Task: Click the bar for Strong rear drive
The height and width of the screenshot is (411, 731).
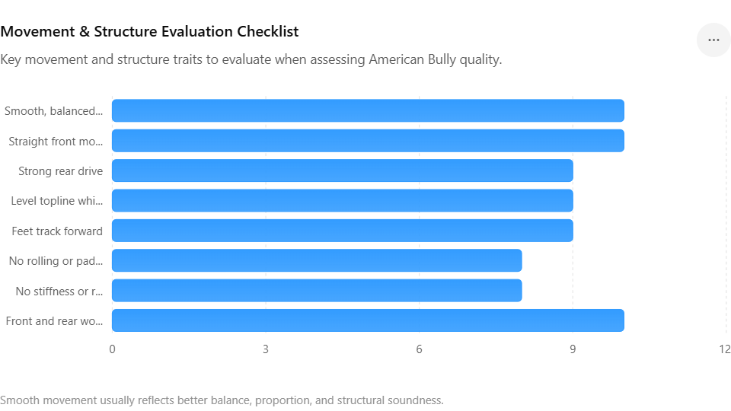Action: tap(342, 170)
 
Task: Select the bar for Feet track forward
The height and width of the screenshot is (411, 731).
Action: tap(342, 231)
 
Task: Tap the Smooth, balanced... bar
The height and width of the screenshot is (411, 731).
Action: tap(368, 110)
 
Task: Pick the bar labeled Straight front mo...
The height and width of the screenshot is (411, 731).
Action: tap(368, 141)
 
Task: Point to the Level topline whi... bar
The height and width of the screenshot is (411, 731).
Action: tap(342, 200)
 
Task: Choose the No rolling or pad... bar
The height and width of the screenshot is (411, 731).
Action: tap(317, 260)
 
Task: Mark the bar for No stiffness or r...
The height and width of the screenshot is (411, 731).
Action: tap(317, 290)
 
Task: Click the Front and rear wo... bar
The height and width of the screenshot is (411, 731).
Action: tap(368, 320)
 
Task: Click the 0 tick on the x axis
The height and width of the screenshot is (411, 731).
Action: tap(112, 349)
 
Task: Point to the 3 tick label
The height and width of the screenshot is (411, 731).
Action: tap(266, 349)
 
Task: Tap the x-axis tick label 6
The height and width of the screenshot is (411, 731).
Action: tap(419, 349)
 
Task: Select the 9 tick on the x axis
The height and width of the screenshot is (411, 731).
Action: tap(573, 349)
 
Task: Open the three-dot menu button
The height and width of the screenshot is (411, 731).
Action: tap(713, 40)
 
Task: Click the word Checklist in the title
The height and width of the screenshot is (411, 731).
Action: tap(267, 31)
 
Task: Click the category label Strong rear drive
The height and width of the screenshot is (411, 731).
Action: tap(61, 171)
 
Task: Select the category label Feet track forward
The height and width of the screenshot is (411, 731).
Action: tap(57, 231)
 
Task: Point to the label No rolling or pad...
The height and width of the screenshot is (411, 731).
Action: tap(56, 261)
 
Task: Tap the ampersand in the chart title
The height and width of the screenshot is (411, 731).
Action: tap(85, 31)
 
